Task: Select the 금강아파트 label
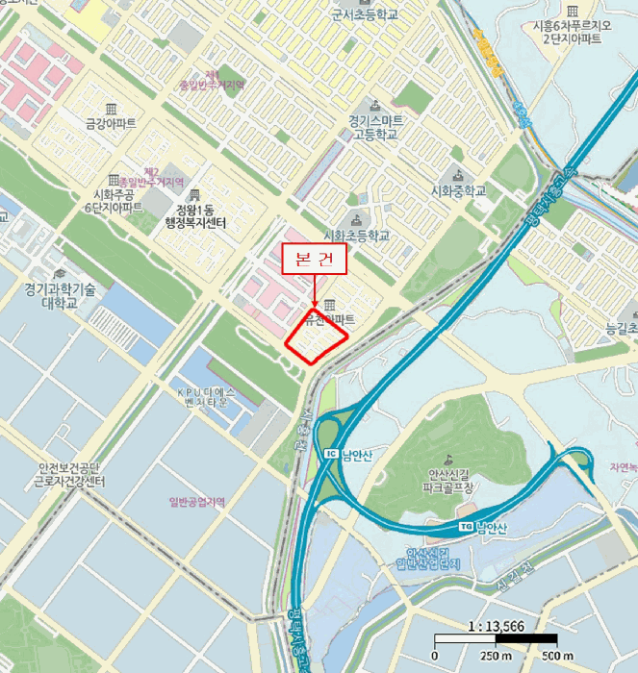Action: (111, 124)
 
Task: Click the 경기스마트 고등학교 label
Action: (376, 128)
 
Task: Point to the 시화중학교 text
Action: (458, 190)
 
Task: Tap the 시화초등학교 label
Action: (357, 236)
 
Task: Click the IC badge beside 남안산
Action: (331, 454)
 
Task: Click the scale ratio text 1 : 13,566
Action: (495, 625)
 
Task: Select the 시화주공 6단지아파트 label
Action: (113, 200)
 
